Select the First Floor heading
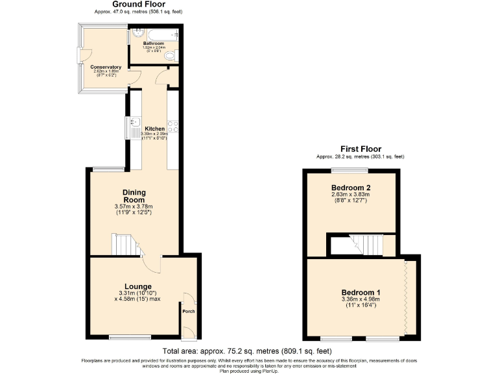[x=361, y=149]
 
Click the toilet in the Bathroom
[x=171, y=58]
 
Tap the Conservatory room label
[x=106, y=67]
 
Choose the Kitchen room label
[x=154, y=129]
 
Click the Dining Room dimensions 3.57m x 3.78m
[x=134, y=207]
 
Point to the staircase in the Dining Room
[x=124, y=245]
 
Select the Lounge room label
[x=138, y=286]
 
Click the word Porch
[x=188, y=311]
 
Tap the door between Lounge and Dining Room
[x=152, y=262]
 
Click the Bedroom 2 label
[x=350, y=188]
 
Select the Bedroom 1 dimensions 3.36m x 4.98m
[x=359, y=299]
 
